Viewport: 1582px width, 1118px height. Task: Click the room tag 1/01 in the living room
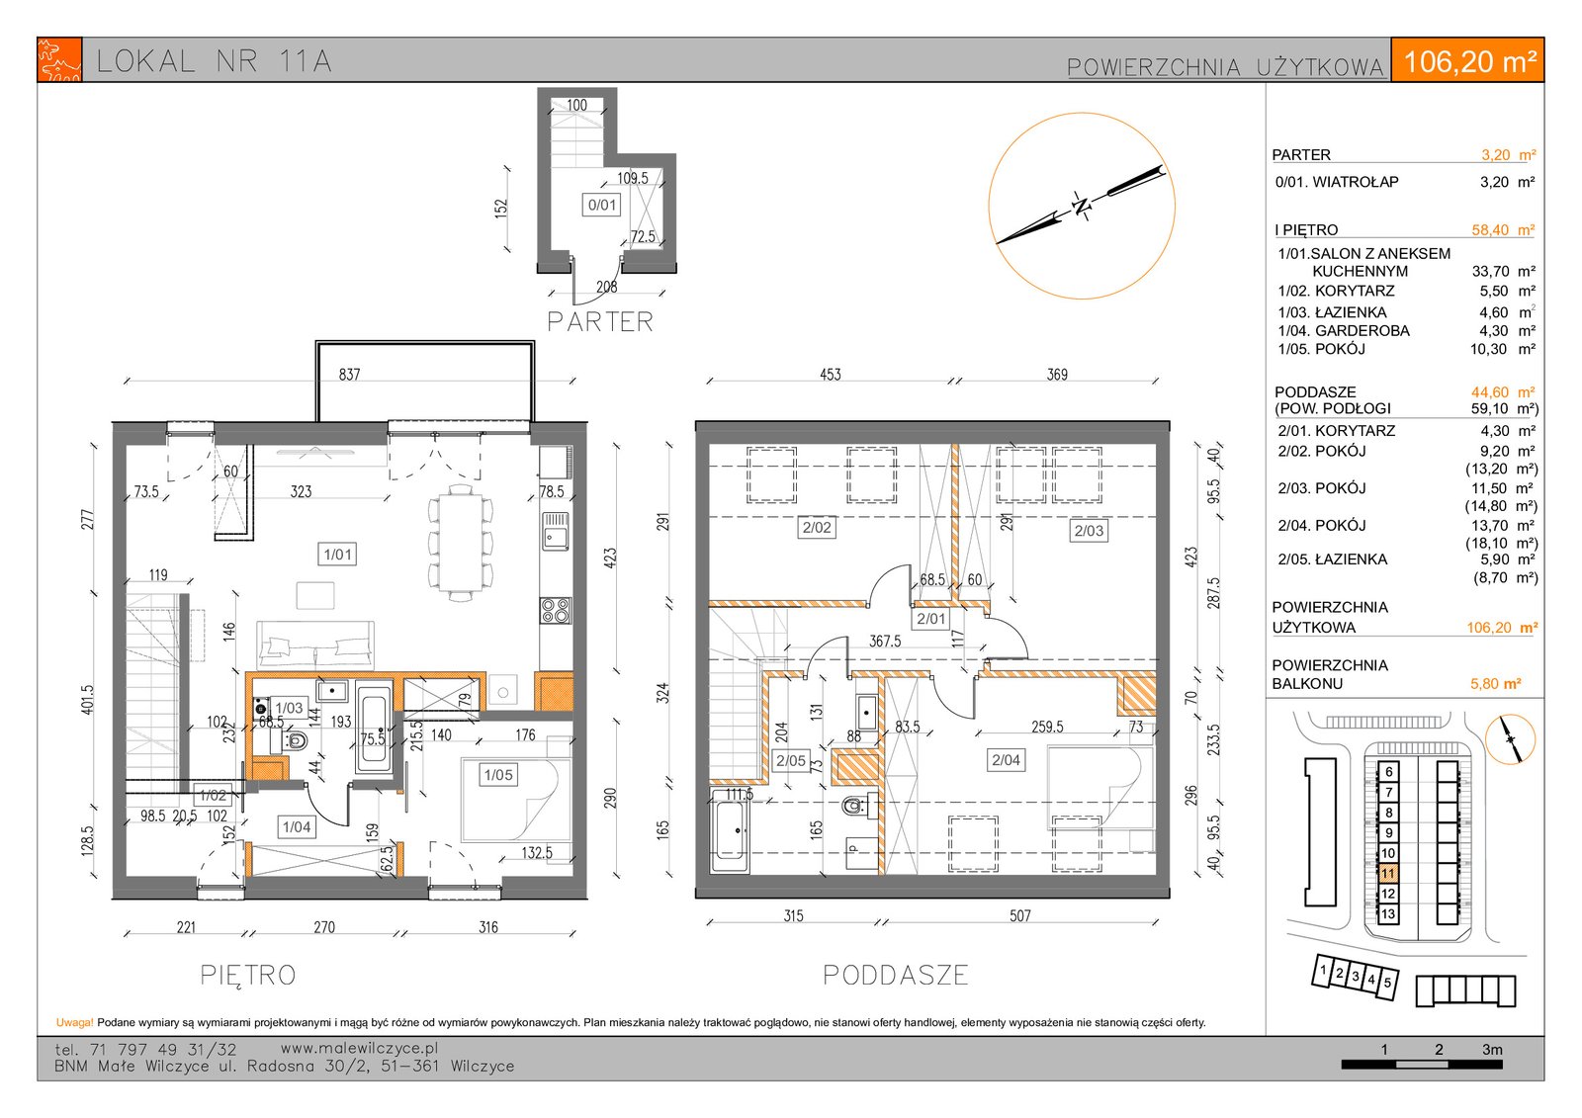[x=337, y=555]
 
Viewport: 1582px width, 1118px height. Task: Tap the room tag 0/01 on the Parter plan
[x=602, y=205]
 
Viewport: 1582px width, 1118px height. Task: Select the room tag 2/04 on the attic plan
[x=1006, y=760]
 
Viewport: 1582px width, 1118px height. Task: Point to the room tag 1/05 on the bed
[x=498, y=775]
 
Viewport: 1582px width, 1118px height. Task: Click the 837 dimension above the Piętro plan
[x=350, y=375]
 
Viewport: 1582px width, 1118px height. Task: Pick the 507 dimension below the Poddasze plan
[x=1019, y=916]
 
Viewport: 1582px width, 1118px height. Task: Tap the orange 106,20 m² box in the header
[x=1467, y=60]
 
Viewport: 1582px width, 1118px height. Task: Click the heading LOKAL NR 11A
[x=214, y=61]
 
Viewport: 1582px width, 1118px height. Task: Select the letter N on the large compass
[x=1081, y=206]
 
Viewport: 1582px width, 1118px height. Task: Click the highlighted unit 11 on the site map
[x=1388, y=874]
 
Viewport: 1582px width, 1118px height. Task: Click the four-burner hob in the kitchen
[x=555, y=611]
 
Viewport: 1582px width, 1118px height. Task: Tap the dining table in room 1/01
[x=461, y=543]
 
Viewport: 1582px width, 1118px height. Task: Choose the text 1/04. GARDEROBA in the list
[x=1344, y=330]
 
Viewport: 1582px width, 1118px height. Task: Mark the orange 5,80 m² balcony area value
[x=1496, y=684]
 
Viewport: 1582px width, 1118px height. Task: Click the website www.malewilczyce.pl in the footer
[x=360, y=1048]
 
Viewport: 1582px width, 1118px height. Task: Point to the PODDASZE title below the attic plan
[x=896, y=975]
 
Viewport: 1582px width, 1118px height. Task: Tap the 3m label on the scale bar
[x=1492, y=1050]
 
